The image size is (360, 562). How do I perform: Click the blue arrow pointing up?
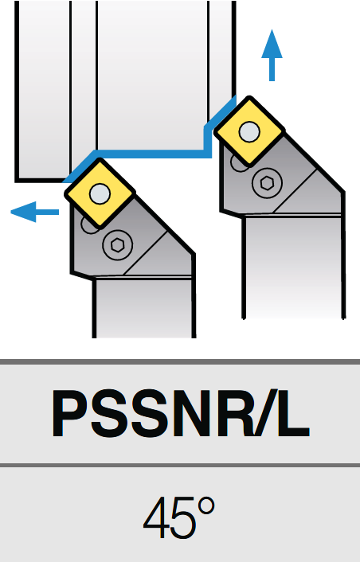(x=272, y=55)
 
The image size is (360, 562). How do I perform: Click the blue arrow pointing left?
(x=35, y=212)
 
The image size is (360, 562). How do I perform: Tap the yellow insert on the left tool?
(x=100, y=193)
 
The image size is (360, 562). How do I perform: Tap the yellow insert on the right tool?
(x=249, y=131)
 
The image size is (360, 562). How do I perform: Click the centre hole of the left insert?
(x=100, y=193)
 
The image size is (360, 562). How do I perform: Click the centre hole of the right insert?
(x=249, y=131)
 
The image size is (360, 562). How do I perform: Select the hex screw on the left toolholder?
(x=117, y=245)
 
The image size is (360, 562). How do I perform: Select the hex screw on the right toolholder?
(x=267, y=183)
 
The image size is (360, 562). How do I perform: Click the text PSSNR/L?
(x=180, y=413)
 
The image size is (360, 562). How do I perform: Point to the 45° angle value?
(x=179, y=517)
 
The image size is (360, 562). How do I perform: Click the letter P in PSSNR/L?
(x=70, y=413)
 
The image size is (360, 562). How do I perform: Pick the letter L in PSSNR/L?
(x=293, y=413)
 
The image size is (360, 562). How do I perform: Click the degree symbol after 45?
(x=205, y=506)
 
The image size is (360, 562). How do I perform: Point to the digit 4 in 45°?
(x=156, y=518)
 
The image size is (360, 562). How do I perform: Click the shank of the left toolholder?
(x=144, y=307)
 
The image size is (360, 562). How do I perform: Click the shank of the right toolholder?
(x=294, y=267)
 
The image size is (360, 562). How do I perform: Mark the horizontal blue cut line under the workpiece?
(x=152, y=154)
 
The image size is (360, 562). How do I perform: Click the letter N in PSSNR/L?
(x=190, y=413)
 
